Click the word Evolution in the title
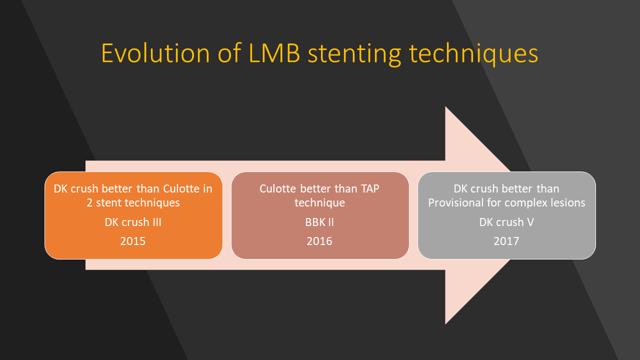click(155, 53)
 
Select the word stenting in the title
click(354, 55)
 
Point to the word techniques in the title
click(473, 55)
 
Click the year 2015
click(133, 241)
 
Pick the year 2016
click(319, 241)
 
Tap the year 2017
click(506, 241)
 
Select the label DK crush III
click(133, 222)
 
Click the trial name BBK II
click(319, 222)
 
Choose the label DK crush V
click(506, 222)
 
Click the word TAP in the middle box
click(370, 188)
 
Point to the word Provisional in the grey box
click(456, 202)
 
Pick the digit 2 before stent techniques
click(89, 202)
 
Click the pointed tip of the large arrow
click(553, 215)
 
